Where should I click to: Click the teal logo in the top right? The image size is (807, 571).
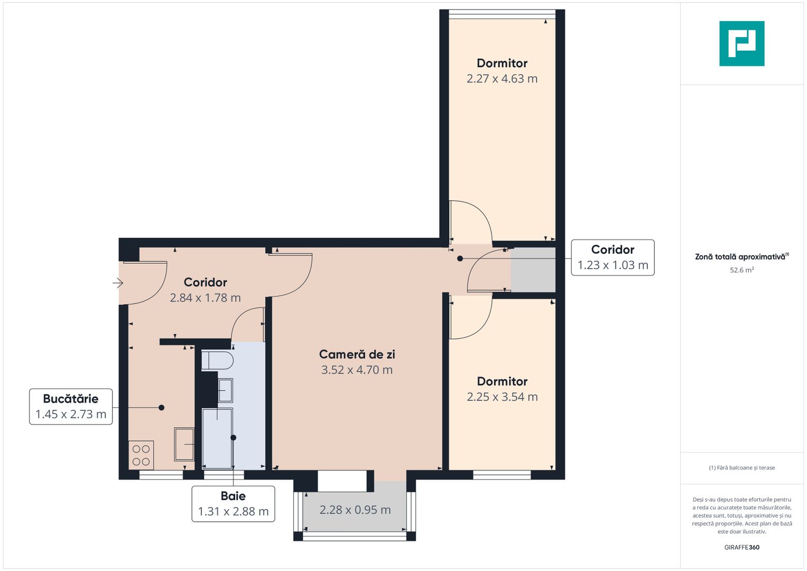pyautogui.click(x=741, y=43)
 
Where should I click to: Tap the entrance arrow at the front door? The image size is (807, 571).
pyautogui.click(x=118, y=283)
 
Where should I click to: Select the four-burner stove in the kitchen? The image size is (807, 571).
pyautogui.click(x=141, y=455)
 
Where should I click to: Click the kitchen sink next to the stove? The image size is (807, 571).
pyautogui.click(x=184, y=444)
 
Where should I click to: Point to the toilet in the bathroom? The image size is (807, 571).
pyautogui.click(x=217, y=361)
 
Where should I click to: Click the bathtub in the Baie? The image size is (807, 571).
pyautogui.click(x=217, y=438)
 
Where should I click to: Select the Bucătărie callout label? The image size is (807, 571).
pyautogui.click(x=71, y=407)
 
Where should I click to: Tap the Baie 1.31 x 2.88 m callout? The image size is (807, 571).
pyautogui.click(x=233, y=504)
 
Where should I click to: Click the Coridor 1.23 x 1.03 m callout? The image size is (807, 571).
pyautogui.click(x=613, y=257)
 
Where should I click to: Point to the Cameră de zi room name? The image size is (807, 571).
pyautogui.click(x=357, y=354)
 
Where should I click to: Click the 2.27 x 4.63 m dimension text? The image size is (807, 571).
pyautogui.click(x=502, y=79)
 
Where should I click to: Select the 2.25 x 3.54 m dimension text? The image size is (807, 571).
pyautogui.click(x=502, y=397)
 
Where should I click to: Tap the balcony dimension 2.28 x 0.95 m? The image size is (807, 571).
pyautogui.click(x=355, y=510)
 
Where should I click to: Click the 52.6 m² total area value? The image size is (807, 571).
pyautogui.click(x=741, y=270)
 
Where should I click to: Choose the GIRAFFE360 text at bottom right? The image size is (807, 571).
pyautogui.click(x=741, y=547)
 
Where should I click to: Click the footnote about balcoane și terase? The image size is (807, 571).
pyautogui.click(x=741, y=468)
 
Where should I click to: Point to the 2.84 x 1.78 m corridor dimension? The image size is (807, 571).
pyautogui.click(x=205, y=298)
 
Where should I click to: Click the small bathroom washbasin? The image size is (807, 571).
pyautogui.click(x=225, y=391)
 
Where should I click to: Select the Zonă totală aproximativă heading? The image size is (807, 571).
pyautogui.click(x=741, y=257)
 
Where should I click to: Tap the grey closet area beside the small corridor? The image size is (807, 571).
pyautogui.click(x=533, y=270)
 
